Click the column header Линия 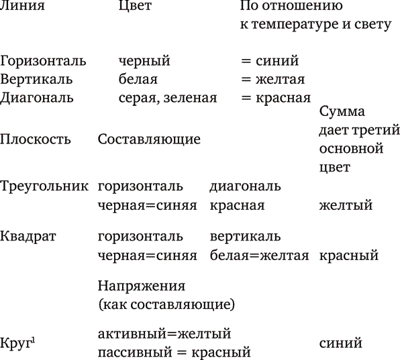(22, 5)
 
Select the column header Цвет (135, 5)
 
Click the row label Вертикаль (36, 79)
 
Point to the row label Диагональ (37, 99)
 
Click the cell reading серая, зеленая (168, 98)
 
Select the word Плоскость (35, 139)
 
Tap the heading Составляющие (149, 139)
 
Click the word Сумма (342, 111)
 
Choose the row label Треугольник (44, 187)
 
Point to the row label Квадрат (28, 237)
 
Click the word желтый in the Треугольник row (346, 205)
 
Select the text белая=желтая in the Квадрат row (259, 255)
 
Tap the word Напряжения (142, 286)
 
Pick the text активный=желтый (164, 334)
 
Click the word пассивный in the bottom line (135, 353)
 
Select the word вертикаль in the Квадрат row (245, 237)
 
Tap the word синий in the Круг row (340, 343)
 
